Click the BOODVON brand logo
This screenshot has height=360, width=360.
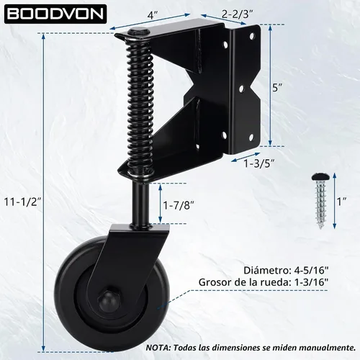click(55, 14)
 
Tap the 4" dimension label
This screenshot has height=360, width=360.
click(153, 16)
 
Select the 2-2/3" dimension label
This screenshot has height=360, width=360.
click(237, 14)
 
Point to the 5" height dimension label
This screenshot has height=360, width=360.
click(277, 88)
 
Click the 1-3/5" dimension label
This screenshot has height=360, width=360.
click(259, 163)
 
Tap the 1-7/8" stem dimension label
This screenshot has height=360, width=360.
click(179, 205)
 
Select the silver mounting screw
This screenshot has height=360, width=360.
click(319, 200)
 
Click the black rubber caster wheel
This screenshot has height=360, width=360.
click(108, 293)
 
